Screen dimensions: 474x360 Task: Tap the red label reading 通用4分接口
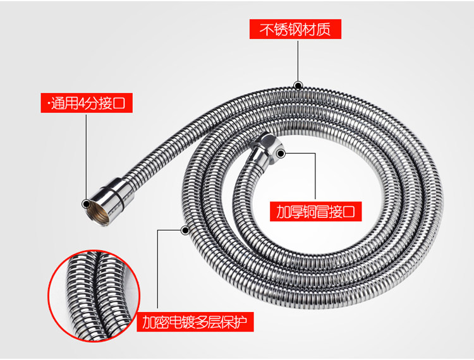[87, 103]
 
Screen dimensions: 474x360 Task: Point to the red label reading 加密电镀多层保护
[195, 323]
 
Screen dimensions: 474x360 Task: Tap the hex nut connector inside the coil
[267, 150]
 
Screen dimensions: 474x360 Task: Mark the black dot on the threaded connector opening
[87, 203]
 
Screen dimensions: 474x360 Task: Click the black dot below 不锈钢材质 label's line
[298, 85]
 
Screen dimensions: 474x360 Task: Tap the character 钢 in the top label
[295, 30]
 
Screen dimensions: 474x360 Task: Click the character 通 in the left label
[58, 104]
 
